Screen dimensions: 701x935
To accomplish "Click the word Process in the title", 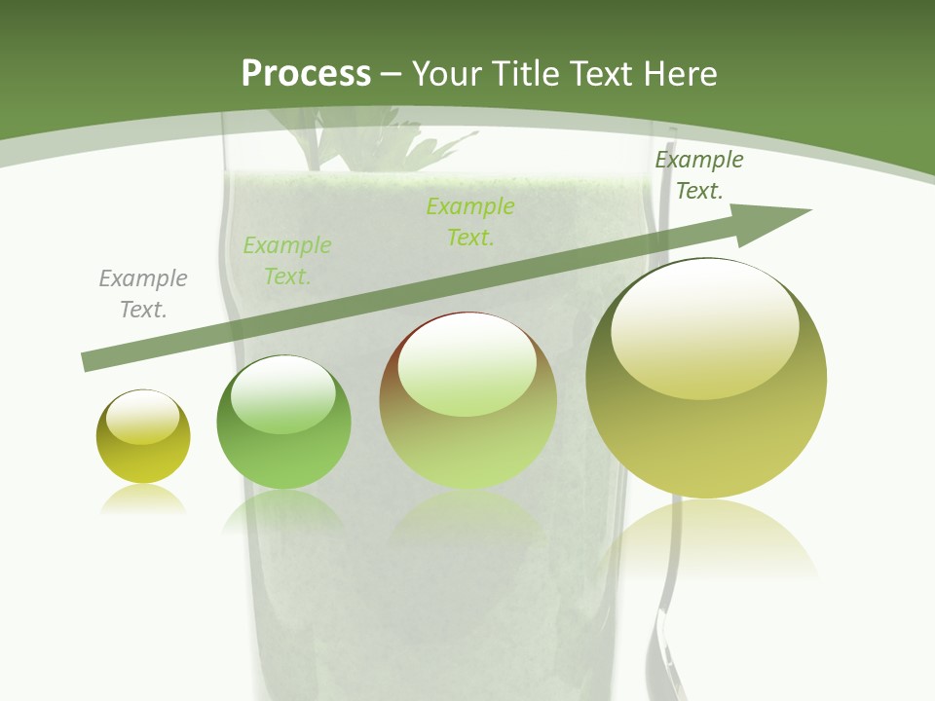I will point(306,73).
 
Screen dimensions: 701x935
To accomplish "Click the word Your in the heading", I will point(447,73).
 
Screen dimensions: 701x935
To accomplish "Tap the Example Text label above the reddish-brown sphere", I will point(470,222).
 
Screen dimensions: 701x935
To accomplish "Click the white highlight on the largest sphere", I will point(705,326).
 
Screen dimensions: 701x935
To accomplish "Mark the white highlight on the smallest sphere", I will point(142,418).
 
